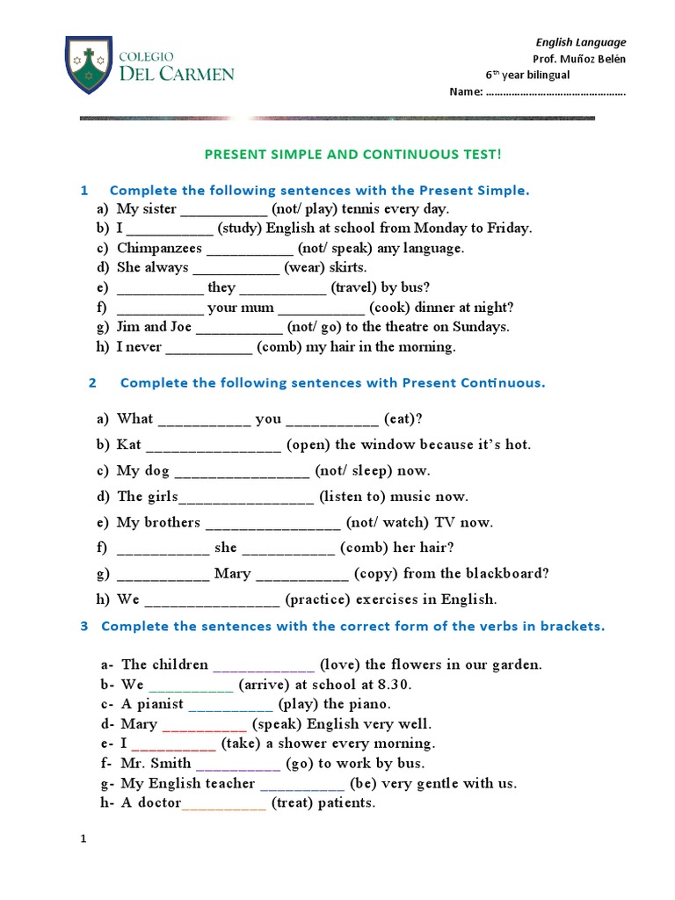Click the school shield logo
coord(88,68)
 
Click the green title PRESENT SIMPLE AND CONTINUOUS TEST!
coord(353,155)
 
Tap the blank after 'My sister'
coord(223,209)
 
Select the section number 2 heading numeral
coord(93,383)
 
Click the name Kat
coord(128,445)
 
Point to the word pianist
coord(159,704)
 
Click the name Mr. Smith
coord(156,764)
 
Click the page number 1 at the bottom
coord(83,840)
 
